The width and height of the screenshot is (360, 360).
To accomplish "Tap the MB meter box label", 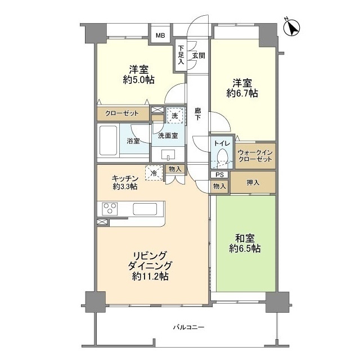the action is pyautogui.click(x=160, y=35).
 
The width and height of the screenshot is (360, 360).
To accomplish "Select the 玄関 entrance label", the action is pyautogui.click(x=199, y=56).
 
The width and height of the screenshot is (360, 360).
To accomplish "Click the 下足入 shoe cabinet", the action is pyautogui.click(x=181, y=55).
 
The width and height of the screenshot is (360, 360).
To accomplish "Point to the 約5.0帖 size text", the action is pyautogui.click(x=138, y=80).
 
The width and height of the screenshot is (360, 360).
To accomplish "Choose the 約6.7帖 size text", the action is pyautogui.click(x=242, y=93).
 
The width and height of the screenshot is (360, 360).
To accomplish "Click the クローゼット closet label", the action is pyautogui.click(x=122, y=113).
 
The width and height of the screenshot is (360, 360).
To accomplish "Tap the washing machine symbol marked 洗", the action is pyautogui.click(x=175, y=115).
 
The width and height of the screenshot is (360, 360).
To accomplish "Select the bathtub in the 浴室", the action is pyautogui.click(x=107, y=140).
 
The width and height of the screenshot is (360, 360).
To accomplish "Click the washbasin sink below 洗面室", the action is pyautogui.click(x=168, y=154).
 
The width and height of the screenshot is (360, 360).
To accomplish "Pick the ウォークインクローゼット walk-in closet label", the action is pyautogui.click(x=255, y=156).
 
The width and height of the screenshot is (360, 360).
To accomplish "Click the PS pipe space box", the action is pyautogui.click(x=219, y=175).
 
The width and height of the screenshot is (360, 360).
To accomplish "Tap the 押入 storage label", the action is pyautogui.click(x=253, y=182).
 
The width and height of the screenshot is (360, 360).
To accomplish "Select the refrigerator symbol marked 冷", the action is pyautogui.click(x=154, y=173).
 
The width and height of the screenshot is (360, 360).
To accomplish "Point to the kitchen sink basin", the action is pyautogui.click(x=145, y=209).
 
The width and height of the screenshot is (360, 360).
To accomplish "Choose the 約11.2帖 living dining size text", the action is pyautogui.click(x=150, y=276).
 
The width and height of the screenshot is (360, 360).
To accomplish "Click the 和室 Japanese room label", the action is pyautogui.click(x=245, y=238).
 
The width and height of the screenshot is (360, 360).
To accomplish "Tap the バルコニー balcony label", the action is pyautogui.click(x=188, y=327).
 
